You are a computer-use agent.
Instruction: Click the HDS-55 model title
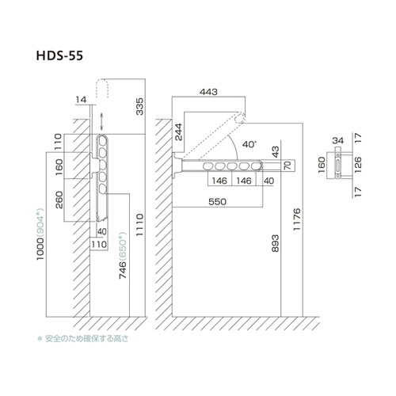[x=59, y=55]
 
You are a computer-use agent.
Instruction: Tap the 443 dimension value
[x=208, y=92]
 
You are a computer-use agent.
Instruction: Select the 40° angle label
[x=249, y=144]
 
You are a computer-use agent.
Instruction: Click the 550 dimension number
[x=217, y=202]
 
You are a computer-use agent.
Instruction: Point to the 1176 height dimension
[x=297, y=219]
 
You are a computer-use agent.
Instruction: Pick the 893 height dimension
[x=276, y=243]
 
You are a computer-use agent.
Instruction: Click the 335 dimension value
[x=140, y=106]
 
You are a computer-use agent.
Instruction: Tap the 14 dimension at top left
[x=81, y=100]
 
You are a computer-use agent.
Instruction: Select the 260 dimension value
[x=59, y=200]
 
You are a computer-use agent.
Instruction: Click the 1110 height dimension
[x=139, y=225]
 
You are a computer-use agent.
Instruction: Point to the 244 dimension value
[x=179, y=132]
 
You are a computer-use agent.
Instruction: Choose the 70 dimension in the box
[x=288, y=166]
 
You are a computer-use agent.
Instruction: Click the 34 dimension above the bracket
[x=338, y=140]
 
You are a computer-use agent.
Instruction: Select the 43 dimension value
[x=276, y=152]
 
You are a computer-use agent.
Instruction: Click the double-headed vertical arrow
[x=102, y=121]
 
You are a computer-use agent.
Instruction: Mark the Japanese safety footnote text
[x=83, y=338]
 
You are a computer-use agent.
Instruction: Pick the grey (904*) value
[x=40, y=222]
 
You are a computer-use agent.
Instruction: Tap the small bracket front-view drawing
[x=338, y=165]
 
